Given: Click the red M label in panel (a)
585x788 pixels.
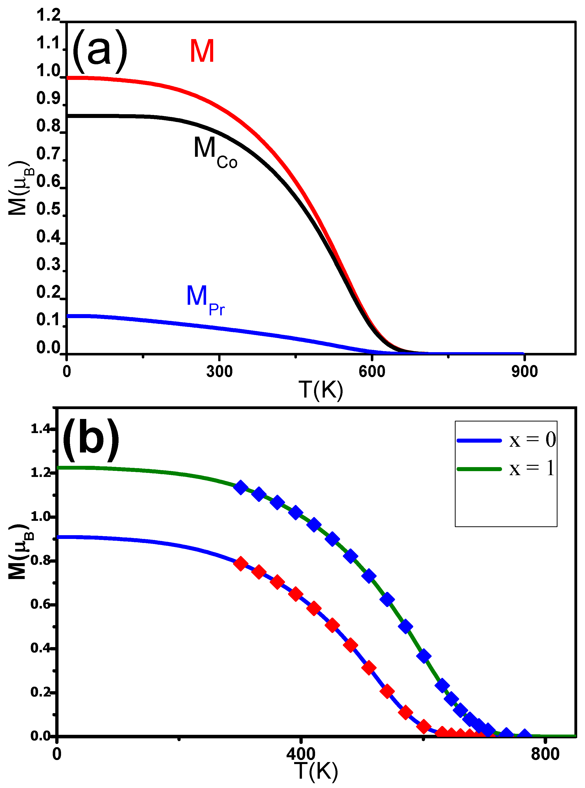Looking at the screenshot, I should pyautogui.click(x=202, y=51).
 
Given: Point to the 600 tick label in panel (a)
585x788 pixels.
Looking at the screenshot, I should pyautogui.click(x=372, y=372).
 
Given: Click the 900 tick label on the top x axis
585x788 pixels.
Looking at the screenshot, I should pyautogui.click(x=524, y=372).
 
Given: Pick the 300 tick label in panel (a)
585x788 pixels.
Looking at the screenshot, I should pyautogui.click(x=219, y=372).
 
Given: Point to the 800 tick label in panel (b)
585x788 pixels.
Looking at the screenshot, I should pyautogui.click(x=545, y=754).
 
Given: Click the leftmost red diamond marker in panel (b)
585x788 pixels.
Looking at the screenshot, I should pyautogui.click(x=241, y=563).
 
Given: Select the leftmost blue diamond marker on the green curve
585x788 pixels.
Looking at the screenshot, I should pyautogui.click(x=241, y=488).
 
